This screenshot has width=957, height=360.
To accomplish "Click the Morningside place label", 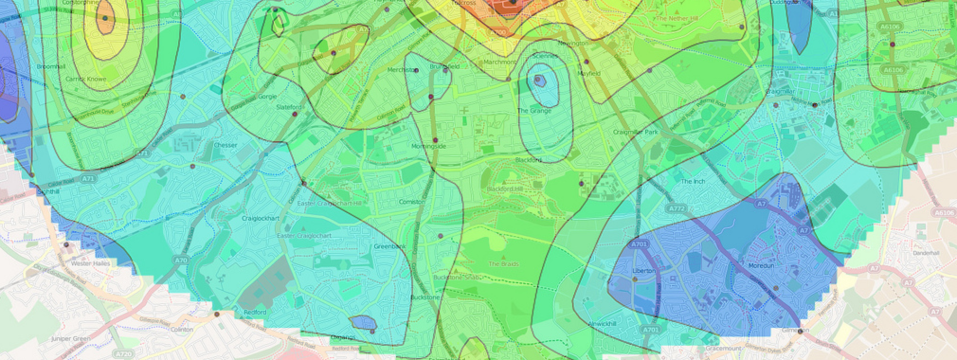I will (428, 146).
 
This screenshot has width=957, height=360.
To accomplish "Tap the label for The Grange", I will (534, 110).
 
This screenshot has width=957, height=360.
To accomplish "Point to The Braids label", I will (503, 264).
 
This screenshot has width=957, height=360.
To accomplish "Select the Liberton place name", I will (644, 271).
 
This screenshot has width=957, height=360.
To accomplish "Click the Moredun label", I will (761, 266).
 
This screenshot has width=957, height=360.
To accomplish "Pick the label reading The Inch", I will (693, 181).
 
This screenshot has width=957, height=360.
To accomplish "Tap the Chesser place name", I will (226, 145).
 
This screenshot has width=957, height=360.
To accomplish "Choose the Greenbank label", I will (389, 246).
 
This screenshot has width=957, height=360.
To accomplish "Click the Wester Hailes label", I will (90, 263).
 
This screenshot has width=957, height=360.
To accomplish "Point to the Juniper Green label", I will (70, 339).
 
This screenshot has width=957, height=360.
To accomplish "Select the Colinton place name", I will (181, 329).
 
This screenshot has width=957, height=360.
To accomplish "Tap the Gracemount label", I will (723, 348).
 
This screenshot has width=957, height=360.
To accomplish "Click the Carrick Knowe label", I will (86, 79).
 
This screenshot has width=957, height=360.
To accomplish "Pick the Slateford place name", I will (289, 107).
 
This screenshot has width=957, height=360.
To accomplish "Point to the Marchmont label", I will (500, 62).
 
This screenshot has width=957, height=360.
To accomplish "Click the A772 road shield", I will (676, 208).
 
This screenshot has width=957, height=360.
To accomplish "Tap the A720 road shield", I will (124, 354).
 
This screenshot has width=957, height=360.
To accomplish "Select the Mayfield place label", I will (589, 73).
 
